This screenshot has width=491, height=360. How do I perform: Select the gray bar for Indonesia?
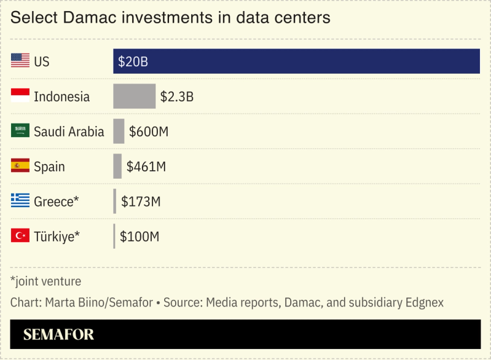click(134, 96)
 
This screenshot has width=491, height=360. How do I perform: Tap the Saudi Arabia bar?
click(119, 131)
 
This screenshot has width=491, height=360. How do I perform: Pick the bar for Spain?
click(117, 166)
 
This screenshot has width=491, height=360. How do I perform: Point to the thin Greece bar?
click(114, 202)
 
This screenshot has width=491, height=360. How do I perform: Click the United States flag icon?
click(20, 61)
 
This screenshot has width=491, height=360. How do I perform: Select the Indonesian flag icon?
click(20, 96)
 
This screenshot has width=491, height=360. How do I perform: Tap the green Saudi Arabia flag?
click(20, 131)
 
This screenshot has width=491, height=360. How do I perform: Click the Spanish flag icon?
click(20, 166)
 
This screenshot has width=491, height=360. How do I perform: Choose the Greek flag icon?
click(20, 202)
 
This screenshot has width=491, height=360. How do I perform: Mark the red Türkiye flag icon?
click(20, 237)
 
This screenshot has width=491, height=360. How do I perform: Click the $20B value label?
click(133, 61)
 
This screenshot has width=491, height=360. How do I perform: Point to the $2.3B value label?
click(177, 96)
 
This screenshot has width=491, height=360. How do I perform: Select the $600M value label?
click(149, 131)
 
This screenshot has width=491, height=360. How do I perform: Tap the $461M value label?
click(146, 166)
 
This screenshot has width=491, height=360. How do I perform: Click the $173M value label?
click(141, 202)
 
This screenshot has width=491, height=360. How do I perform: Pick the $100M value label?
click(139, 237)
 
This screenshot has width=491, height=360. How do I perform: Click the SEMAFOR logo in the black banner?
click(58, 335)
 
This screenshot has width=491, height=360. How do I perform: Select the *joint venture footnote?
click(45, 281)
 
